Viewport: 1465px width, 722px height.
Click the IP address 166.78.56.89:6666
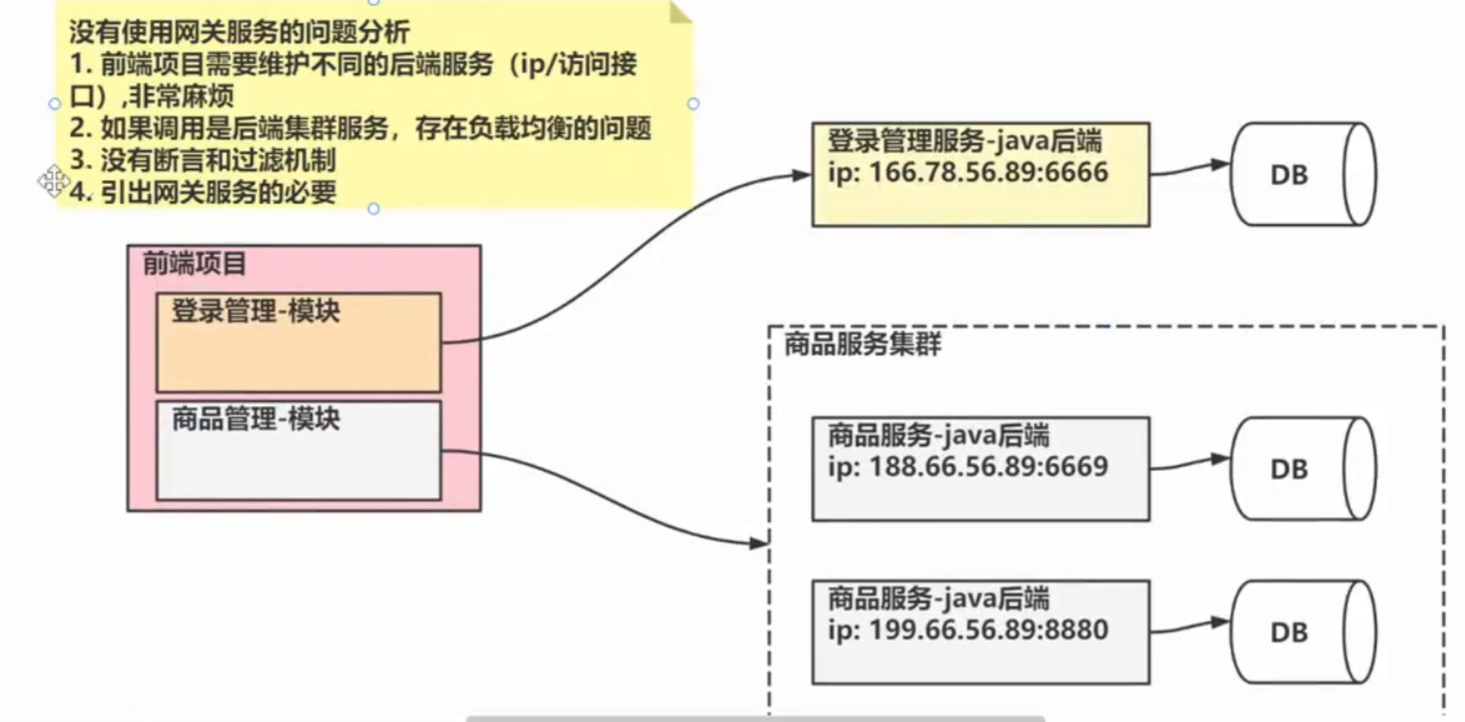pyautogui.click(x=988, y=173)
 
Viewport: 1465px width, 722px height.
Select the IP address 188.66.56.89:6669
pyautogui.click(x=988, y=467)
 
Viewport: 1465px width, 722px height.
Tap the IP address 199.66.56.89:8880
pyautogui.click(x=988, y=630)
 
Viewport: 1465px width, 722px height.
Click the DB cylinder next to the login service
pyautogui.click(x=1303, y=175)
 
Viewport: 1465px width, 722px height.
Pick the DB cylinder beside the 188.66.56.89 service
pyautogui.click(x=1303, y=469)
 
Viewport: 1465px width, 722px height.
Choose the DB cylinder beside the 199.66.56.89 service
pyautogui.click(x=1303, y=632)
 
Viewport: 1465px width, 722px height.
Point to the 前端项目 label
pyautogui.click(x=194, y=263)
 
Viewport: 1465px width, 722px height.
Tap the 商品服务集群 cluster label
pyautogui.click(x=862, y=344)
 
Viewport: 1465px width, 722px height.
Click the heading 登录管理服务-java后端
pyautogui.click(x=964, y=141)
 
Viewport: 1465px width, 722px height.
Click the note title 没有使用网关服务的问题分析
pyautogui.click(x=239, y=32)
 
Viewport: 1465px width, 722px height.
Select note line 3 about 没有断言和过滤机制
pyautogui.click(x=203, y=160)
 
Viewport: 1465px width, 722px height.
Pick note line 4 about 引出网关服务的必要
pyautogui.click(x=203, y=192)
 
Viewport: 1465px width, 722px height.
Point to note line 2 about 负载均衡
pyautogui.click(x=360, y=129)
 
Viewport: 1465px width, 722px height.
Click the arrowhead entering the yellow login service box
pyautogui.click(x=801, y=175)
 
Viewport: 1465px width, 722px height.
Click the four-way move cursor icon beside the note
pyautogui.click(x=53, y=181)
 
